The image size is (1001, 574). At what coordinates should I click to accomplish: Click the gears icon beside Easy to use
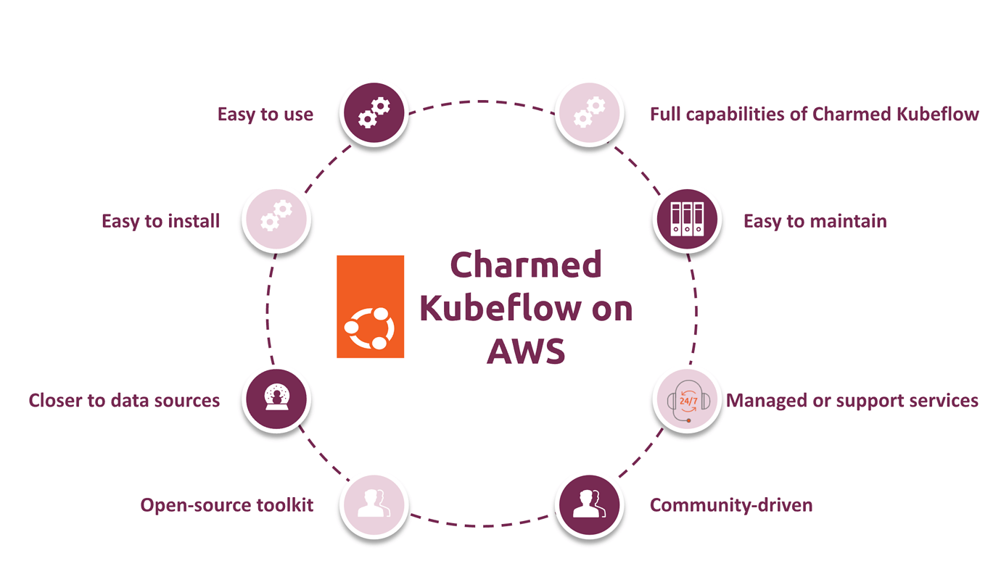374,114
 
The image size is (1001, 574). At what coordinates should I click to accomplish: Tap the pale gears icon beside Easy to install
276,219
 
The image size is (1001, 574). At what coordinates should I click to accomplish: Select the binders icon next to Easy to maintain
687,220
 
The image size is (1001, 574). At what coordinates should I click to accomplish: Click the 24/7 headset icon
687,400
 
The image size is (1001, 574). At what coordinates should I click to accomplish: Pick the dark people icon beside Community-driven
589,504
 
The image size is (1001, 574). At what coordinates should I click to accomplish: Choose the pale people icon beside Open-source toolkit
374,504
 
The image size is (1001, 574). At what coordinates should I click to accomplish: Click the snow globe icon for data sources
276,399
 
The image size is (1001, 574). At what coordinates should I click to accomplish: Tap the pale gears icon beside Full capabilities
589,114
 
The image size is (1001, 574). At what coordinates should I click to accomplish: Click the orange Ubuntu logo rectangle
370,306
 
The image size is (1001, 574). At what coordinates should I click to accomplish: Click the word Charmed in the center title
526,265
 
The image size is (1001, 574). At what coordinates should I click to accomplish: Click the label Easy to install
160,221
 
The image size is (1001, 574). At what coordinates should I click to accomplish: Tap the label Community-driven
730,505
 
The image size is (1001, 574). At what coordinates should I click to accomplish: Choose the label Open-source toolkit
226,505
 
